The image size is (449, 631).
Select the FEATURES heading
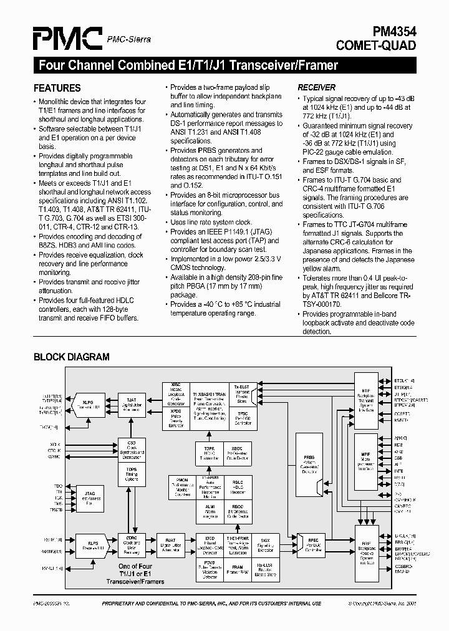[x=57, y=88]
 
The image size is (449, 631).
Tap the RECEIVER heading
[x=316, y=87]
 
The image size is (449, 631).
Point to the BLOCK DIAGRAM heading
[x=71, y=357]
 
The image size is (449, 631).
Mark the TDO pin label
[x=57, y=485]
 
